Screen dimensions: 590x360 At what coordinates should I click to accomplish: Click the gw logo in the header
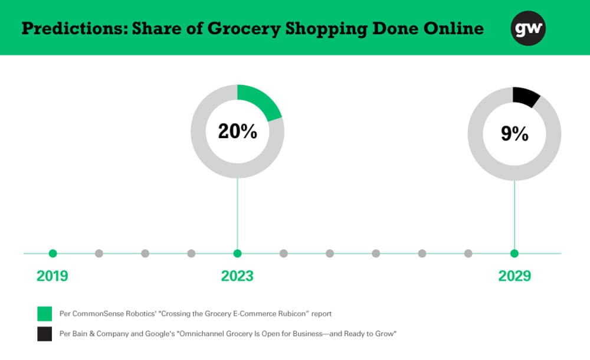[528, 28]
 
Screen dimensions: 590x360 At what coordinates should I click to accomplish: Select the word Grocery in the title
[244, 29]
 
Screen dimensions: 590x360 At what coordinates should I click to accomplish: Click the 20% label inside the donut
[237, 131]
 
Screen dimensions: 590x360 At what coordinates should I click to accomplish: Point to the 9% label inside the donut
[514, 134]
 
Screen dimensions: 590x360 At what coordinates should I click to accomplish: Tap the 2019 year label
[53, 276]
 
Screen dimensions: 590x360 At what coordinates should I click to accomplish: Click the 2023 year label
[237, 276]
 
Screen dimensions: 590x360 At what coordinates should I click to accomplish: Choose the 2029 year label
[514, 276]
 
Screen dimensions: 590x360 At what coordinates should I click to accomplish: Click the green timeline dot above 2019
[53, 253]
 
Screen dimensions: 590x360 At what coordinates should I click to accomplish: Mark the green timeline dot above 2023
[237, 253]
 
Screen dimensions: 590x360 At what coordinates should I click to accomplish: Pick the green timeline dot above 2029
[514, 253]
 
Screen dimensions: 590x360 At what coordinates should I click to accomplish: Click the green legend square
[44, 314]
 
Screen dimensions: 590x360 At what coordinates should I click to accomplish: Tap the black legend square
[44, 333]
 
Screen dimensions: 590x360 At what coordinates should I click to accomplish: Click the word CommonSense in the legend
[97, 314]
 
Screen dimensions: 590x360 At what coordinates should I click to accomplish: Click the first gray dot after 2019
[99, 253]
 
